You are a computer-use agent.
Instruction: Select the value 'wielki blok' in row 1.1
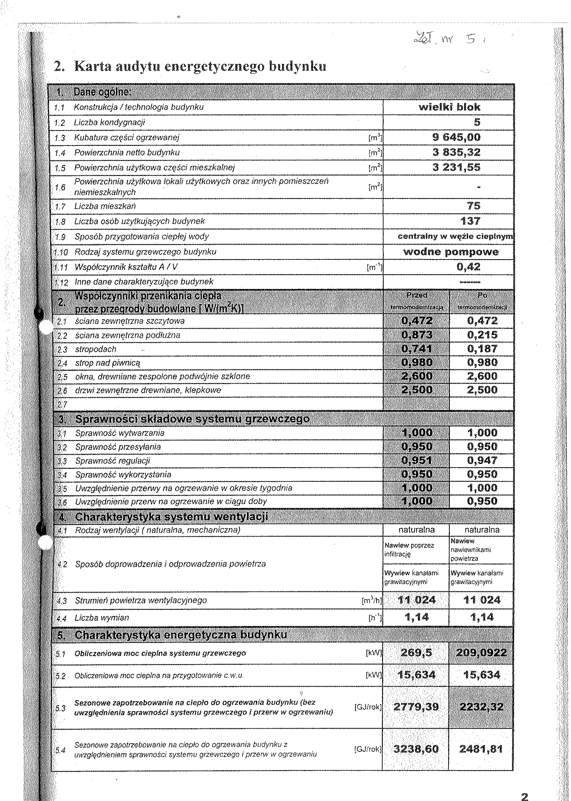(x=449, y=107)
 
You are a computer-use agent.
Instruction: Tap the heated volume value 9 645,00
(x=456, y=137)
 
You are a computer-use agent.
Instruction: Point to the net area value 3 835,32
(x=456, y=152)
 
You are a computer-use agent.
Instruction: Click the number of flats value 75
(x=474, y=206)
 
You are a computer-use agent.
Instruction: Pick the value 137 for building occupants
(x=470, y=221)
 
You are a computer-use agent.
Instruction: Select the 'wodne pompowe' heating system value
(x=451, y=252)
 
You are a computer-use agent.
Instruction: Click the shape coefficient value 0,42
(x=468, y=267)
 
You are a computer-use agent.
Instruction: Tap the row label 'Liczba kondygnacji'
(x=109, y=123)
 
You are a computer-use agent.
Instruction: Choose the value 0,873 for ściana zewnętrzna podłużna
(x=417, y=335)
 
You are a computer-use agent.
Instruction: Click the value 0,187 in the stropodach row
(x=482, y=349)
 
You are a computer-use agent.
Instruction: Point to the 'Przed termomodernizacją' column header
(x=417, y=301)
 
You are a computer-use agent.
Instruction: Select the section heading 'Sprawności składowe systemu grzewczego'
(x=192, y=419)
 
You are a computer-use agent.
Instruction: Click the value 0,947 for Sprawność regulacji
(x=482, y=460)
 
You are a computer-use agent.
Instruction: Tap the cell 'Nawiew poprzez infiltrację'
(x=409, y=549)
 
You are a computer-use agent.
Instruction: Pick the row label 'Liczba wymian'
(x=102, y=617)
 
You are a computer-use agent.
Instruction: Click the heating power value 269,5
(x=417, y=653)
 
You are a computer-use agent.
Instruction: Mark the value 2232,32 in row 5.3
(x=481, y=706)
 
